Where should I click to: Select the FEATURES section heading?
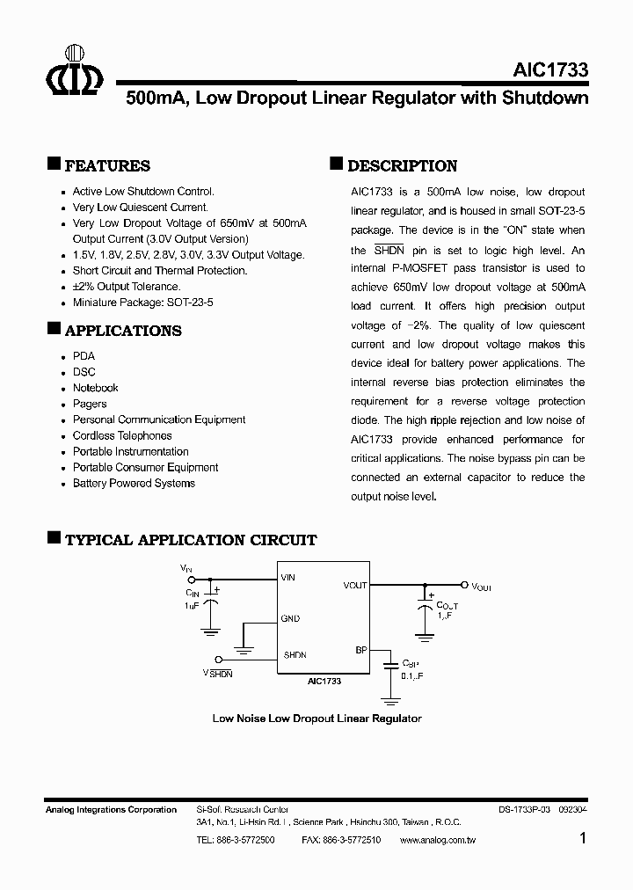coord(107,166)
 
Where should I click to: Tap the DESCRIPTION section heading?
coord(402,166)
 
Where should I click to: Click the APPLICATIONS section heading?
coord(123,331)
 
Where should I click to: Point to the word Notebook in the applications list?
coord(95,388)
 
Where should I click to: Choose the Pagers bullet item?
coord(90,404)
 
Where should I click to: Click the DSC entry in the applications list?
coord(84,372)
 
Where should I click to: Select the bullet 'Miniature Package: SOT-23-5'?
coord(143,302)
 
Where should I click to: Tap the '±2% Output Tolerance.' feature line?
coord(127,286)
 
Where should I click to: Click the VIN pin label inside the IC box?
coord(288,578)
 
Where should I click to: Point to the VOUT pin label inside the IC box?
coord(355,585)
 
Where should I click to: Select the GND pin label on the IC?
coord(290,618)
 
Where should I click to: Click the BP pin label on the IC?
coord(360,651)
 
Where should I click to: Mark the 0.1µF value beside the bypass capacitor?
coord(413,675)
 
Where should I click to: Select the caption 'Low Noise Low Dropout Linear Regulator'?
coord(316,719)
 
